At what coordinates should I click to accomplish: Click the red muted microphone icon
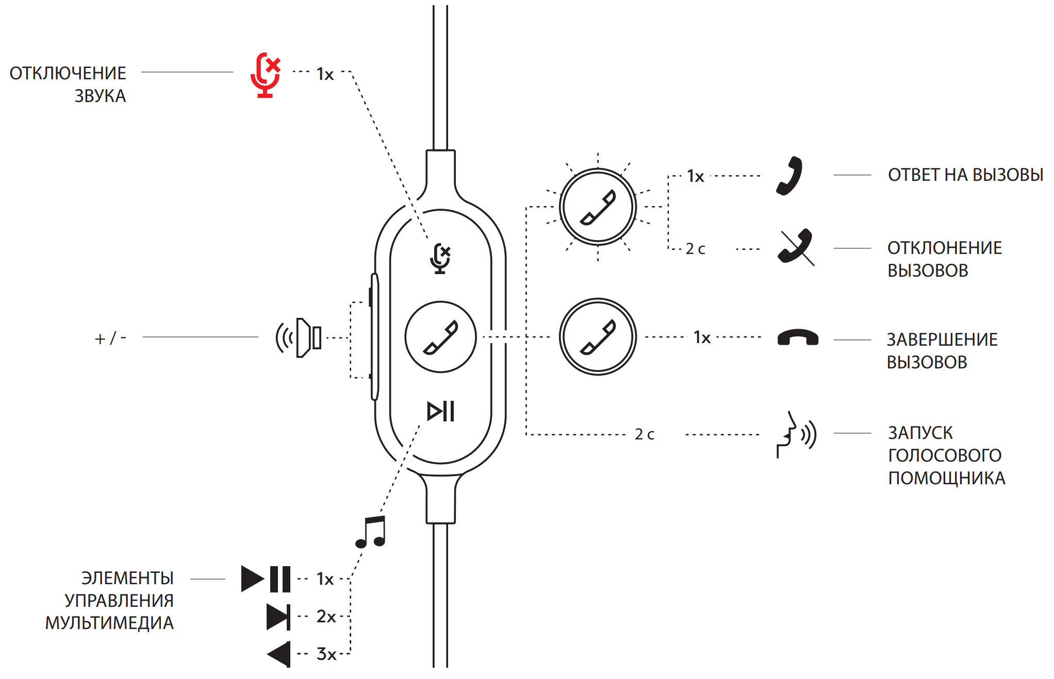265,75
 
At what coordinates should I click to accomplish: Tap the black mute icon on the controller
440,258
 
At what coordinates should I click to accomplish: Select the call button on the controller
440,337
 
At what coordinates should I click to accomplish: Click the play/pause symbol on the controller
440,411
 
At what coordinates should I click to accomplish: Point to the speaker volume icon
299,338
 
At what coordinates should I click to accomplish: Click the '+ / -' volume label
110,338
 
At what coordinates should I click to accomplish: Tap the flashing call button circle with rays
598,207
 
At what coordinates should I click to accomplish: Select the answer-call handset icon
790,176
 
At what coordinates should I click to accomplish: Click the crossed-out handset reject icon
796,247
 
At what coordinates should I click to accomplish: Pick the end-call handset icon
797,337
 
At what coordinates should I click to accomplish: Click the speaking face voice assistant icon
796,434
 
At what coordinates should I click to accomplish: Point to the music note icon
371,532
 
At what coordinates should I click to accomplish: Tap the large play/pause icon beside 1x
266,579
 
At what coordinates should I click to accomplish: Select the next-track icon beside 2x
278,617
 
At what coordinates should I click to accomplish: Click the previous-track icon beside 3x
279,654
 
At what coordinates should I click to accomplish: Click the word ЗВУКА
100,96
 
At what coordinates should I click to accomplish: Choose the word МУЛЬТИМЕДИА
109,623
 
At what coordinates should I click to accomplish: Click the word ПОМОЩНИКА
946,478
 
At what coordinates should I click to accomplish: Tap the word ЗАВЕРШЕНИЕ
942,339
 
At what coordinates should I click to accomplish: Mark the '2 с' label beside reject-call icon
695,249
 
